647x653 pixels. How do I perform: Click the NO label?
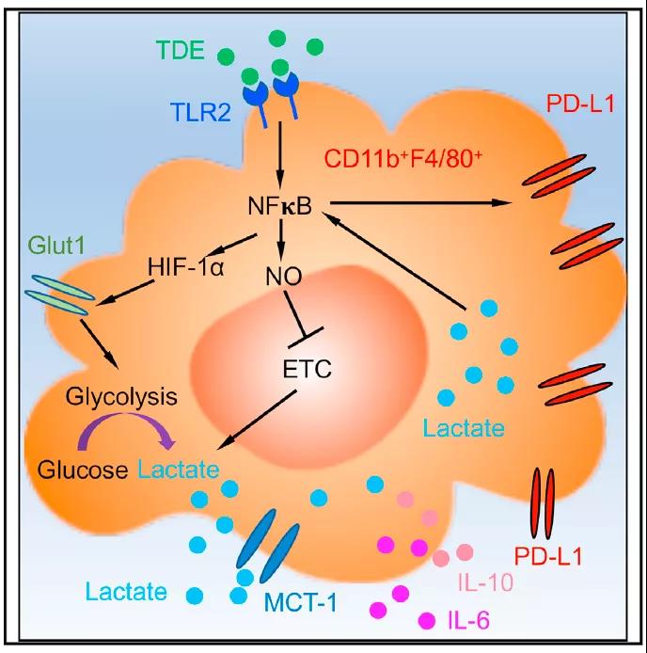280,277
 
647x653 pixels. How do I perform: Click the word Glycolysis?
110,396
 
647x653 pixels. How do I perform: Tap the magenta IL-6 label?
465,619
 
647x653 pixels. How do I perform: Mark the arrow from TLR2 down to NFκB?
279,153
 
